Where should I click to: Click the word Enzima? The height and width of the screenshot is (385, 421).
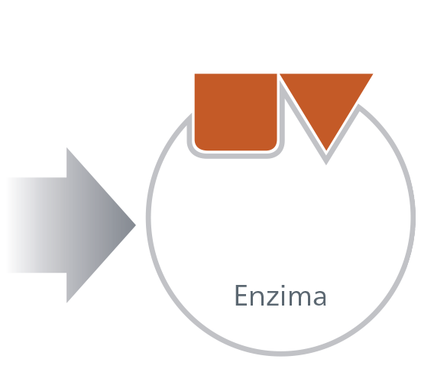[280, 296]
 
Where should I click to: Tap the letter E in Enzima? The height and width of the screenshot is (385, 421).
[241, 296]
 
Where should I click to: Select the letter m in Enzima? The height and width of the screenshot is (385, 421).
[298, 298]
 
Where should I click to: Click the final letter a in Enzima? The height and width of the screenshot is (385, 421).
[319, 298]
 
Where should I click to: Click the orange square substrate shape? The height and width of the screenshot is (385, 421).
[235, 112]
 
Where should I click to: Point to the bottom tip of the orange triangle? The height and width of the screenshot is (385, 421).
[326, 150]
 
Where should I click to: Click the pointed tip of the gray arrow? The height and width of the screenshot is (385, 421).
[136, 225]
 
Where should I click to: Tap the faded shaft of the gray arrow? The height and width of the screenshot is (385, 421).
[37, 225]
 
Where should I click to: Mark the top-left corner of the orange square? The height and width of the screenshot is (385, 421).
[195, 73]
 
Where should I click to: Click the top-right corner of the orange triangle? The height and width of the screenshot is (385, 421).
[373, 73]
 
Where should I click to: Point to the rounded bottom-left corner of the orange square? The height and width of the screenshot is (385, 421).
[198, 147]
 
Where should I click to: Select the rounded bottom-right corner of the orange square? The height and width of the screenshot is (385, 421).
[274, 147]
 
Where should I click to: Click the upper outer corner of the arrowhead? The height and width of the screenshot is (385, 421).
[66, 147]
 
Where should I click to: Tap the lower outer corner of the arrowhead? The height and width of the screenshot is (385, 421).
[66, 302]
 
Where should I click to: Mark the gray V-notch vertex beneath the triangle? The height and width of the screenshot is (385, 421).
[326, 163]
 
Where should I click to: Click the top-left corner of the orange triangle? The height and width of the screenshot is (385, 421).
[280, 73]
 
